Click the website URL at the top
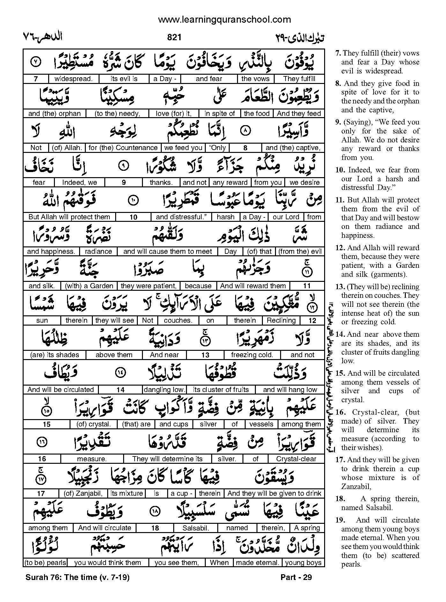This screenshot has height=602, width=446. point(224,20)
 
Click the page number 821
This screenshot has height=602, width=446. point(174,37)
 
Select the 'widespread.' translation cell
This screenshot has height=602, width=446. point(73,79)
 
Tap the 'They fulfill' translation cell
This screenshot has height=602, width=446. point(299,79)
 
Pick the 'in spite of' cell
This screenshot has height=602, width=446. point(219,113)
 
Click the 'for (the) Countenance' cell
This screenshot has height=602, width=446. point(123,148)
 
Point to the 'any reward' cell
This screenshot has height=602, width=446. point(230,183)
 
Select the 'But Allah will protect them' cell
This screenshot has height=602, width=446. point(69,217)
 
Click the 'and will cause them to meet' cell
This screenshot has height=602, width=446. point(167,252)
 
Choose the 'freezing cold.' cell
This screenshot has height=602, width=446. point(252,355)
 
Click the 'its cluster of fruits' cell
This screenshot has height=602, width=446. point(221,390)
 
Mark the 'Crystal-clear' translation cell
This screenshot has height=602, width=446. point(296,459)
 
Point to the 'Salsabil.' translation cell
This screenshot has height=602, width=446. point(196,528)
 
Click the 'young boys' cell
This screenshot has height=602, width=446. point(303,563)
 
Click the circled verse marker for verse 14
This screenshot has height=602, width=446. point(121,372)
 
